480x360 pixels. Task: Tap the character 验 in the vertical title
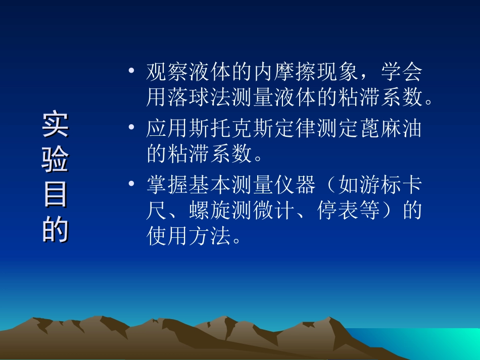coord(56,161)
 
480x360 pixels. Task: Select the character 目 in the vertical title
coord(56,195)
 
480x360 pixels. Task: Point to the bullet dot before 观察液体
coord(132,73)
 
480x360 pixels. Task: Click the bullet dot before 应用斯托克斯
coord(132,129)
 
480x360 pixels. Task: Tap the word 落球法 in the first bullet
coord(199,98)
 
